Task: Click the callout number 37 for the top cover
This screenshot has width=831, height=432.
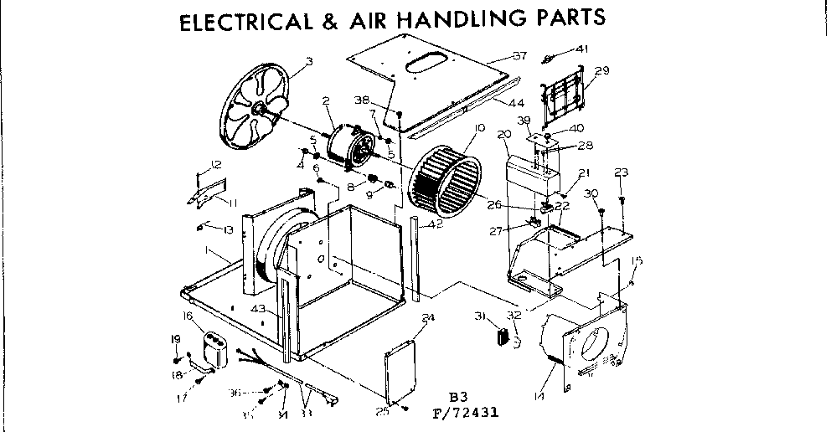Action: (519, 57)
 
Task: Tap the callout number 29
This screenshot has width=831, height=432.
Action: (602, 70)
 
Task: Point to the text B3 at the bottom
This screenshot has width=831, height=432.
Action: (457, 397)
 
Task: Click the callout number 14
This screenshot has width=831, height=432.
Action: (537, 395)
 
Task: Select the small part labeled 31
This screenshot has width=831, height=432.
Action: (503, 337)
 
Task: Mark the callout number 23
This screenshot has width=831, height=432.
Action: (621, 172)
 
